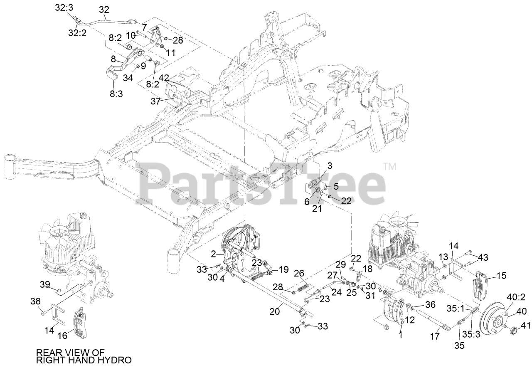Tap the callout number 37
155,101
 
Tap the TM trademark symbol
390,167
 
